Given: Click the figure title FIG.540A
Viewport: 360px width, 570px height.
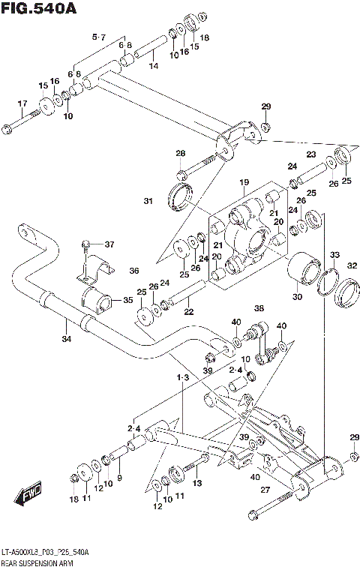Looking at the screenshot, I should pos(40,9).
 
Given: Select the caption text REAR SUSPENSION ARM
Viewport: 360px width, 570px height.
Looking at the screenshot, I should pos(40,562).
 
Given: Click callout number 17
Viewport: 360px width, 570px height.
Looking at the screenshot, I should pos(22,103).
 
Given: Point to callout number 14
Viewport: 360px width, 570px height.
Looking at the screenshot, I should pos(153,67).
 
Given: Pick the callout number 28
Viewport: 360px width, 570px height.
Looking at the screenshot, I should pos(180,153).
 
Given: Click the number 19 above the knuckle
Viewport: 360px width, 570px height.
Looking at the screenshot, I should pos(244,182).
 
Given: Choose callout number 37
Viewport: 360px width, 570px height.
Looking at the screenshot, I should pos(109,244).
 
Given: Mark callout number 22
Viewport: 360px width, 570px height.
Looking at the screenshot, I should pos(189,312).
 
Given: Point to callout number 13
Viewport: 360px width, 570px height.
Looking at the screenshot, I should pos(196,484).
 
